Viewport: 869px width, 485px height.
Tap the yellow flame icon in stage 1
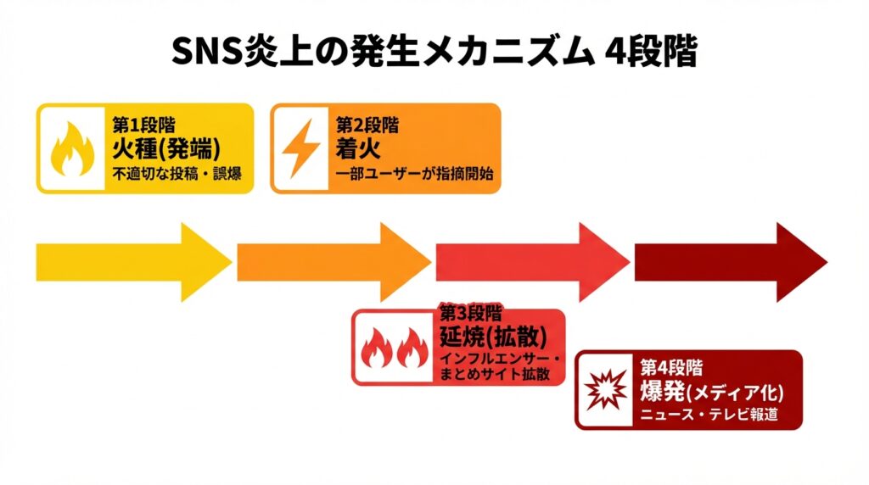coord(70,148)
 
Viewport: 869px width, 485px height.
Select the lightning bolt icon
coord(300,148)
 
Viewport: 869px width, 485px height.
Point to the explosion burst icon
coord(606,389)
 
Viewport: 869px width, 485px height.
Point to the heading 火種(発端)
coord(166,150)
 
